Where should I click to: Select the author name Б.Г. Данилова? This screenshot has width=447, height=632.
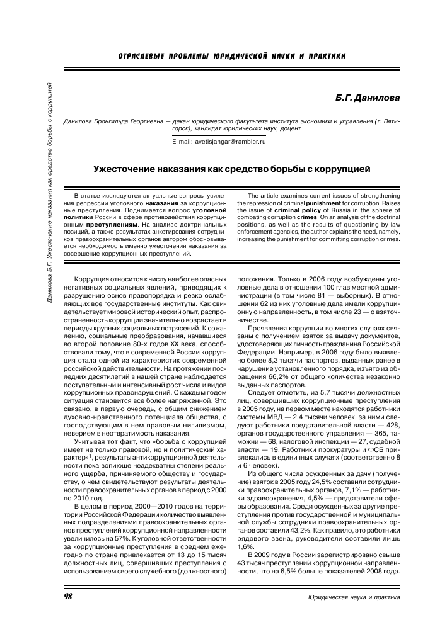point(371,98)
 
